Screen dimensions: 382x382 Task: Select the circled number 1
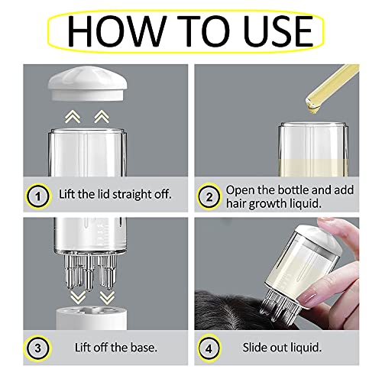pyautogui.click(x=38, y=196)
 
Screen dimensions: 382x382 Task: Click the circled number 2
pyautogui.click(x=209, y=196)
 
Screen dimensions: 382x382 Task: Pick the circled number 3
pyautogui.click(x=37, y=348)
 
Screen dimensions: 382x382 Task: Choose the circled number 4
pyautogui.click(x=209, y=348)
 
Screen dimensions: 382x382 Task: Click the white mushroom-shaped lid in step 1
pyautogui.click(x=88, y=83)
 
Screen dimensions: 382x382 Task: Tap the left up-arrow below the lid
pyautogui.click(x=73, y=117)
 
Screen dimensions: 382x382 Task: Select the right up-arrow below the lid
pyautogui.click(x=102, y=117)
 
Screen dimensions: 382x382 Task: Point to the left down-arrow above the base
pyautogui.click(x=78, y=298)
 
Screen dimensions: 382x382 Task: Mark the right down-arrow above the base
pyautogui.click(x=107, y=298)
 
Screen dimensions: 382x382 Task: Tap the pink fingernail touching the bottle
pyautogui.click(x=307, y=296)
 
